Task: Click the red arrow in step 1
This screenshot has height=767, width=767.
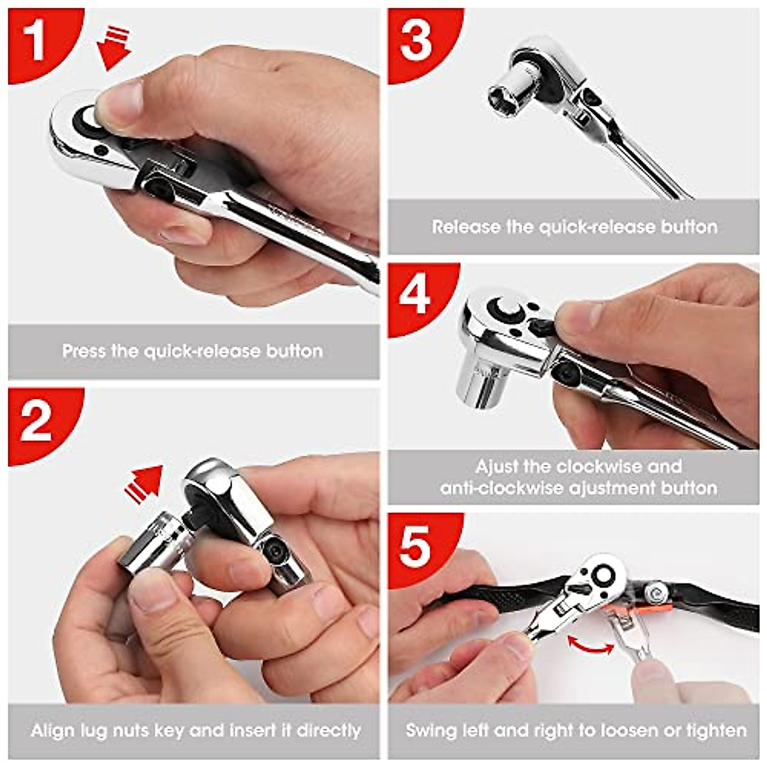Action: pyautogui.click(x=114, y=48)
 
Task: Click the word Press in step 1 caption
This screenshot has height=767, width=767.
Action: pyautogui.click(x=84, y=351)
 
